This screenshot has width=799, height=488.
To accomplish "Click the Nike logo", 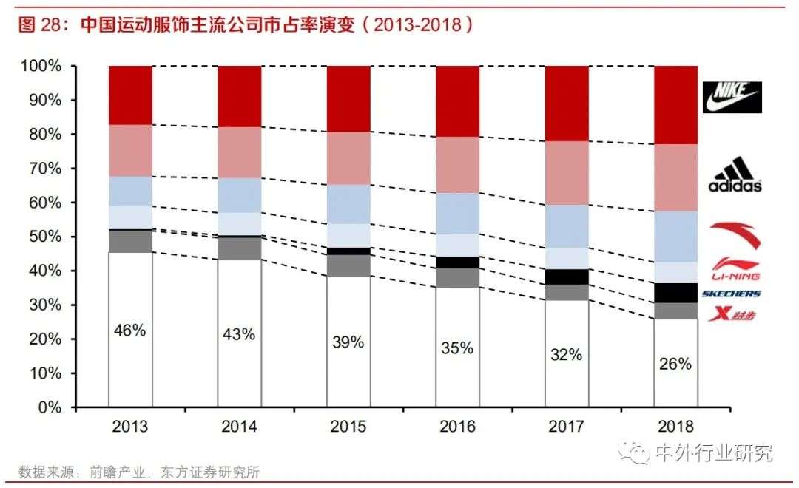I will (732, 97).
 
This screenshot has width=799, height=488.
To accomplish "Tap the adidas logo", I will (735, 177).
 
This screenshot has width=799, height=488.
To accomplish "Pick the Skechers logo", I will (731, 294).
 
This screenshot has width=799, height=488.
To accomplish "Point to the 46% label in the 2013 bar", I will (130, 331).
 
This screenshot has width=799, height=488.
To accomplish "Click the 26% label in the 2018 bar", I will (675, 364).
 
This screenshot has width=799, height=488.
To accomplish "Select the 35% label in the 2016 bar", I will (457, 348).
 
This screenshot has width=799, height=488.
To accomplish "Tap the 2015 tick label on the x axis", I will (348, 427).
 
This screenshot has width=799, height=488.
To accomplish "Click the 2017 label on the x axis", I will (567, 427).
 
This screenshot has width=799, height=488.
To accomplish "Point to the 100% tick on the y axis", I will (41, 67).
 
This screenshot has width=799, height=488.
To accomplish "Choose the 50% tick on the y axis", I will (44, 237).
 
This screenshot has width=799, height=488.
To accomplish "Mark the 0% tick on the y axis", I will (48, 407).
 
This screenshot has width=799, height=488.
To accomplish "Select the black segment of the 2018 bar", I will (675, 293).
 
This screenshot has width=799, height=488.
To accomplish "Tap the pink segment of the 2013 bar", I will (130, 150).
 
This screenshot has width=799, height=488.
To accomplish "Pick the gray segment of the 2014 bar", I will (239, 248).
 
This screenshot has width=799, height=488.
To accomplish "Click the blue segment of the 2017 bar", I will (567, 226).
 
